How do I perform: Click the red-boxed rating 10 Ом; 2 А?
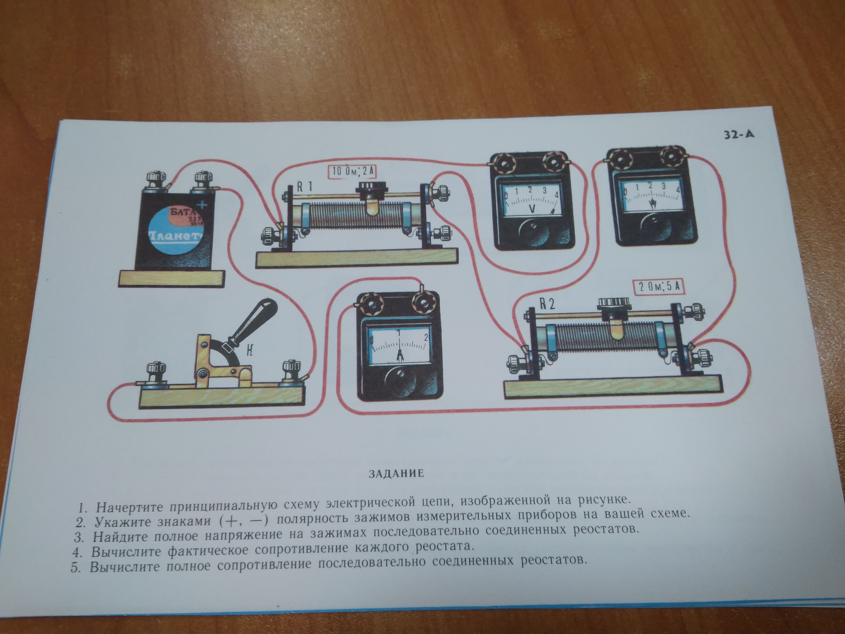click(x=353, y=172)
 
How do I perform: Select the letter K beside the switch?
click(x=250, y=350)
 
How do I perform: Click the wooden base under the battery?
click(x=171, y=278)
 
